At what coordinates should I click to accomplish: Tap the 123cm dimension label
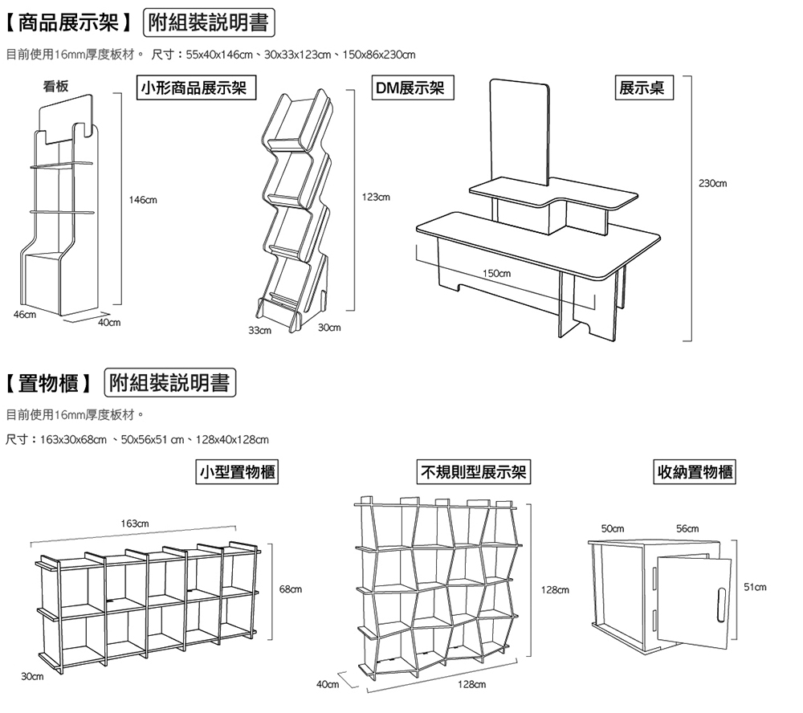376,197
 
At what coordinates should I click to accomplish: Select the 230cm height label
712,184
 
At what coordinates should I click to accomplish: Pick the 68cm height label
291,590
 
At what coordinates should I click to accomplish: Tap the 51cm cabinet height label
756,588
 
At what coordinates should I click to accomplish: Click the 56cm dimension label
687,528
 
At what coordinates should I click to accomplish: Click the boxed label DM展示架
414,88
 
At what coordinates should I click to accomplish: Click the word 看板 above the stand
56,86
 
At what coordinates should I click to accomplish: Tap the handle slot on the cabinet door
721,605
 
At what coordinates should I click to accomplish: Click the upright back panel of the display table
520,128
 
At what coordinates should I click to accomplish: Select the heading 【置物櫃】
50,383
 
